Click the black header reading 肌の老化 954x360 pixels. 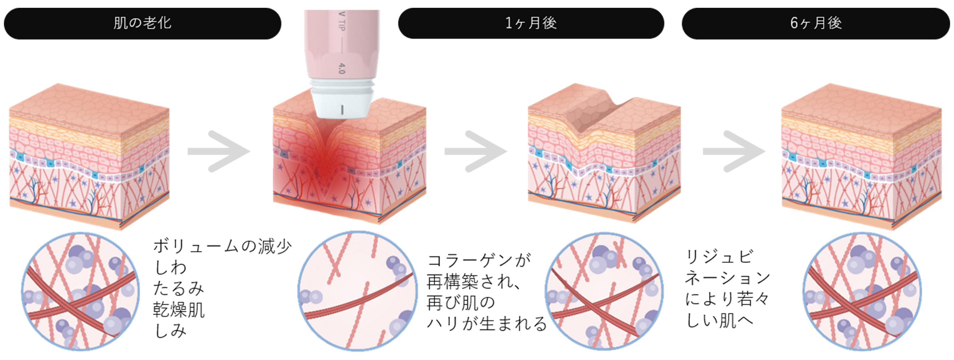click(142, 23)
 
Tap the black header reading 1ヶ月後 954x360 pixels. click(531, 23)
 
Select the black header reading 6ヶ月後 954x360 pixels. click(815, 23)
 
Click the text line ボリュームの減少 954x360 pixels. click(222, 246)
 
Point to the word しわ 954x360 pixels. click(170, 268)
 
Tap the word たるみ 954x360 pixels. click(179, 288)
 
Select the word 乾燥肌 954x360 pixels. click(179, 310)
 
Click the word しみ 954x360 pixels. click(170, 331)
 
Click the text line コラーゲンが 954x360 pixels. click(479, 260)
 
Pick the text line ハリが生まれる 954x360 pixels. click(487, 324)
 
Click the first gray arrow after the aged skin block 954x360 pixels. click(219, 151)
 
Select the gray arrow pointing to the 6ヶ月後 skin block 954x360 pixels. click(734, 151)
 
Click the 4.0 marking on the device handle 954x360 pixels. click(342, 68)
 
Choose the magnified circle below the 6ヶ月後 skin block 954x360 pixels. click(862, 291)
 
